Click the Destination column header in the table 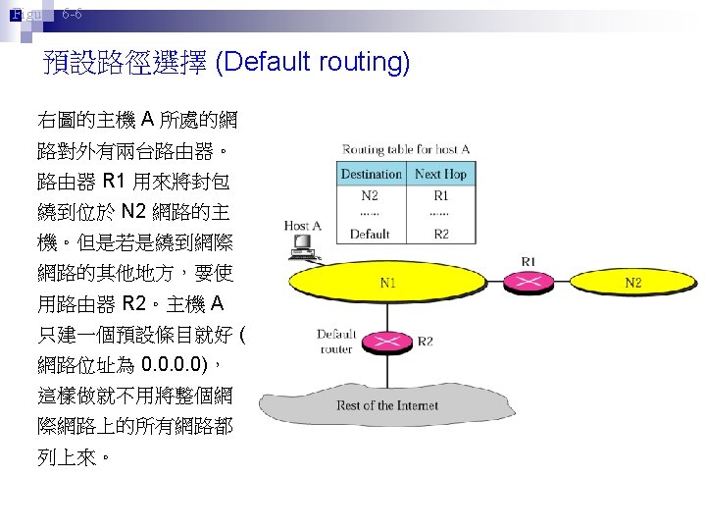tap(371, 174)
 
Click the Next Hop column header tap(440, 174)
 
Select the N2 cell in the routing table tap(370, 195)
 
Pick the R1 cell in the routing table tap(440, 195)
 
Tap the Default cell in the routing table tap(370, 234)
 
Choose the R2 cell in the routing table tap(440, 234)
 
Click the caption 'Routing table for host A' tap(406, 149)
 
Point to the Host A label tap(302, 226)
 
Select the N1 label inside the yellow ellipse tap(388, 284)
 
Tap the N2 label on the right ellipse tap(633, 284)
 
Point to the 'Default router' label tap(335, 341)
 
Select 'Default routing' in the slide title tap(313, 64)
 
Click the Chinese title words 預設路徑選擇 tap(125, 64)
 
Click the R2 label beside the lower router tap(426, 342)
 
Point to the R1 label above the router tap(529, 261)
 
